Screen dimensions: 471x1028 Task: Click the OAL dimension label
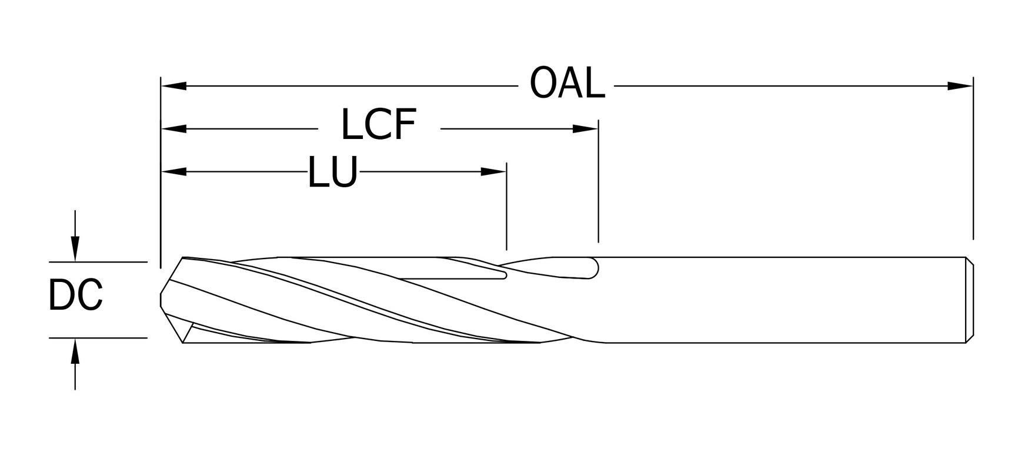click(x=567, y=84)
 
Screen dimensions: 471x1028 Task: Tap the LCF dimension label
click(x=379, y=125)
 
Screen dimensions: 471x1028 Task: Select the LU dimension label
click(x=333, y=173)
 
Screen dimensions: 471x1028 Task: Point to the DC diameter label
click(x=75, y=296)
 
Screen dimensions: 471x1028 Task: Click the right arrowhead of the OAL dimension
click(x=960, y=86)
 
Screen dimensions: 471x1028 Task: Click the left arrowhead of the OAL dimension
click(x=174, y=86)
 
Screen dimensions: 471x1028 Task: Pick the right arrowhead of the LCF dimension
click(x=586, y=128)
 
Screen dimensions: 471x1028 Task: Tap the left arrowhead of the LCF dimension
click(x=174, y=128)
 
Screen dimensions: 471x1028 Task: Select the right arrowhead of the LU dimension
click(x=493, y=172)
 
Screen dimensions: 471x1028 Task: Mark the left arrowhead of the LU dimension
click(x=174, y=172)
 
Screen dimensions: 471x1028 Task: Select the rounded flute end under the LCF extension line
click(x=593, y=268)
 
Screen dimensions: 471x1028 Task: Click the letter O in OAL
click(x=542, y=84)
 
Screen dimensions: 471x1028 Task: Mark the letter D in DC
click(x=61, y=296)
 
